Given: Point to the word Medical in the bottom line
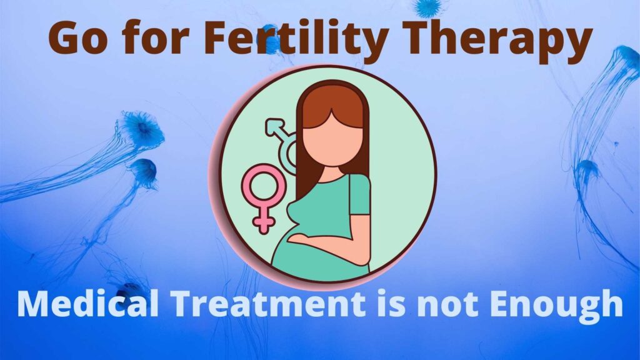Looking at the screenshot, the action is [87, 303].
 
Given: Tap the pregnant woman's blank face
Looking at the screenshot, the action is [332, 139].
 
